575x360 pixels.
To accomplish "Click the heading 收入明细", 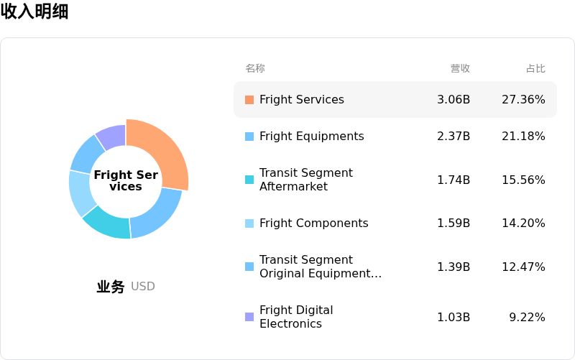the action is coord(34,11).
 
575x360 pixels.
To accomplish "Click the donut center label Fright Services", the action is coord(126,180).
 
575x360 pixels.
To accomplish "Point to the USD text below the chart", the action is coord(142,286).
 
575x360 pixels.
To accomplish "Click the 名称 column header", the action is coord(255,68).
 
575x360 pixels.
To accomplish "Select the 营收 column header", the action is coord(460,68).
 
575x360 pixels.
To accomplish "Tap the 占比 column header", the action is coord(535,68).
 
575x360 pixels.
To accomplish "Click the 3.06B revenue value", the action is coord(454,99).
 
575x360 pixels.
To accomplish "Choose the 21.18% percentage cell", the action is coord(523,136).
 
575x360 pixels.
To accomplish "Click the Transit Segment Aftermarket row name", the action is coord(306,179).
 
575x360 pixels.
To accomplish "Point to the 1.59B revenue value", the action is coord(454,223).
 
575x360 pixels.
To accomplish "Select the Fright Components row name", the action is coord(314,223).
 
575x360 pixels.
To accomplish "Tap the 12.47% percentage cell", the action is coord(523,267).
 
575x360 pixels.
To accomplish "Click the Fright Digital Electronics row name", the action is coord(296,317).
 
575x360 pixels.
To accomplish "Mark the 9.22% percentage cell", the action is coord(527,317).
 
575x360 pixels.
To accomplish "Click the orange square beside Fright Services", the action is coord(249,100).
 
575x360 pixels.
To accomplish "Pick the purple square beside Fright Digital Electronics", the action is coord(249,317).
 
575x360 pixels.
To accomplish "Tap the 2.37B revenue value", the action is coord(454,136).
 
